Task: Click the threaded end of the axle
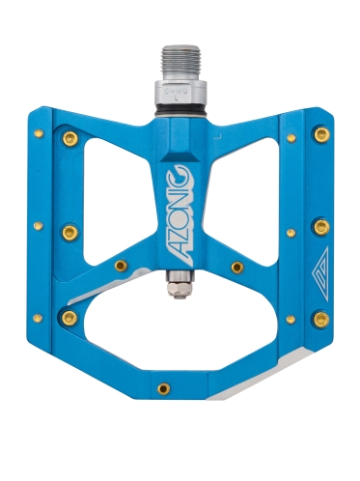pos(181,63)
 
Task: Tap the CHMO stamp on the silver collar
pos(177,92)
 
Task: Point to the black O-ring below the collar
pos(180,111)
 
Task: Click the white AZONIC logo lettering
pos(180,215)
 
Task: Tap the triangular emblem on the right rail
pos(320,273)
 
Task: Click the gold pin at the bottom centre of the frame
pos(164,388)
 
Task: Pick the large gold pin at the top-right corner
pos(321,134)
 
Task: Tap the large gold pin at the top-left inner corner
pos(70,138)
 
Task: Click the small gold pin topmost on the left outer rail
pos(39,133)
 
